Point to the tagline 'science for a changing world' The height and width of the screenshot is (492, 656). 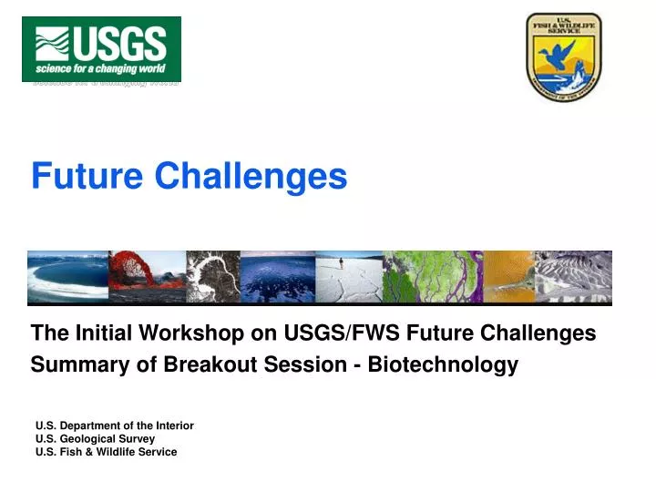click(x=101, y=69)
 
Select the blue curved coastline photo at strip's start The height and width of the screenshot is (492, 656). click(x=67, y=277)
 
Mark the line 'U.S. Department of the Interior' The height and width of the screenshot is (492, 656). click(x=114, y=425)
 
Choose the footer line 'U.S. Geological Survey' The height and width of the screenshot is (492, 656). click(x=95, y=438)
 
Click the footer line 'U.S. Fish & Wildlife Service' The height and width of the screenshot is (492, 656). click(x=106, y=452)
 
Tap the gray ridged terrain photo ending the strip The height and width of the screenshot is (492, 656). click(x=573, y=277)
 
